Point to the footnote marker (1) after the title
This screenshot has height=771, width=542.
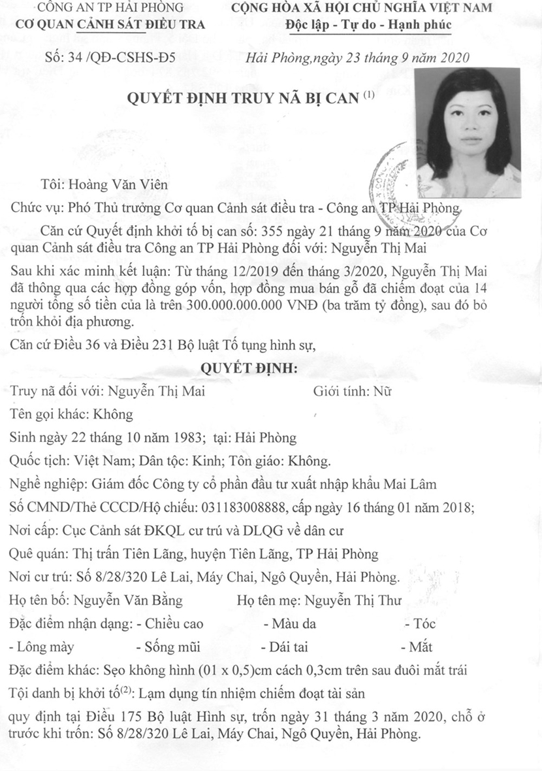coord(370,95)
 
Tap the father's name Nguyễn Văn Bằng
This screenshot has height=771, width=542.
coord(128,600)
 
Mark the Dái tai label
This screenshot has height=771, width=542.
coord(291,647)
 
